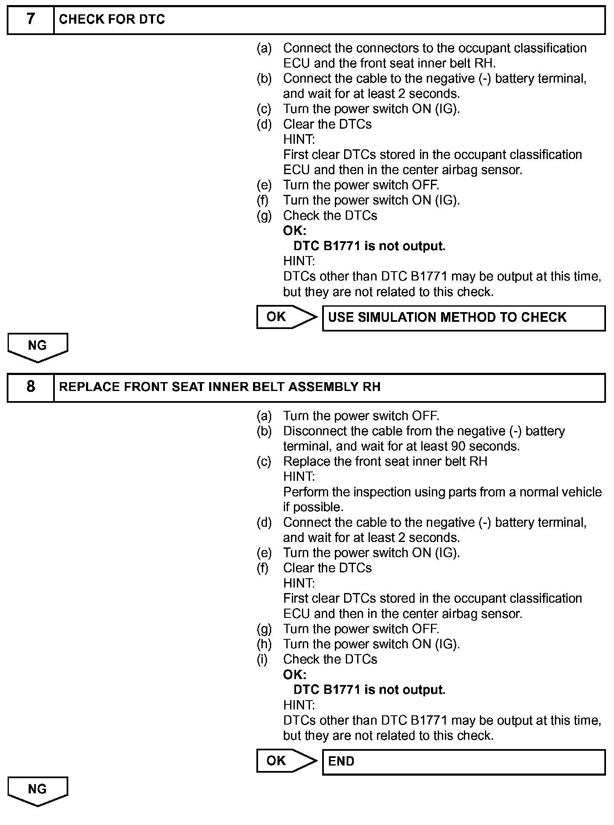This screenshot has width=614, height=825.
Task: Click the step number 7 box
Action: click(x=31, y=20)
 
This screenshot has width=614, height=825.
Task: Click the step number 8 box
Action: click(x=31, y=387)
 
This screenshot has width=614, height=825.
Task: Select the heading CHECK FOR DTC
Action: click(x=112, y=20)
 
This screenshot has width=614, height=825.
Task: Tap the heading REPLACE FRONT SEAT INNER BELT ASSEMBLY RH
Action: click(x=219, y=387)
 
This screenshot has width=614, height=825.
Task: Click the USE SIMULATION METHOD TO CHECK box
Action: click(x=463, y=318)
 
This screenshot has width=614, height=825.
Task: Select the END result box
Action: click(x=463, y=762)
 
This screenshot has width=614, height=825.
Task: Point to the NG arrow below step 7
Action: click(x=38, y=347)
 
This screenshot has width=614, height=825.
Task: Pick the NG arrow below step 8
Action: click(x=38, y=790)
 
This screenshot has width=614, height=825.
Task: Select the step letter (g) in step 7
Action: click(x=264, y=216)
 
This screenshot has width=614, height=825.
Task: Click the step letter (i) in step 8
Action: click(x=262, y=660)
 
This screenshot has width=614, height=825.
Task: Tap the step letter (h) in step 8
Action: click(x=264, y=644)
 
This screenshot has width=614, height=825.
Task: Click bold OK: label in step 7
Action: click(x=294, y=231)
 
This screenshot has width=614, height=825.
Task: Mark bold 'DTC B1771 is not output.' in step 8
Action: click(x=369, y=690)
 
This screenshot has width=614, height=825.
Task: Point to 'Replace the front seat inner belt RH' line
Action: click(x=385, y=461)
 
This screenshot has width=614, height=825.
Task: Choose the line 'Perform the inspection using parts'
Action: click(x=442, y=492)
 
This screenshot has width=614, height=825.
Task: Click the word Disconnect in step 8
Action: click(x=310, y=431)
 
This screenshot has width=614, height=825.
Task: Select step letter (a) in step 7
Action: click(x=264, y=49)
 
